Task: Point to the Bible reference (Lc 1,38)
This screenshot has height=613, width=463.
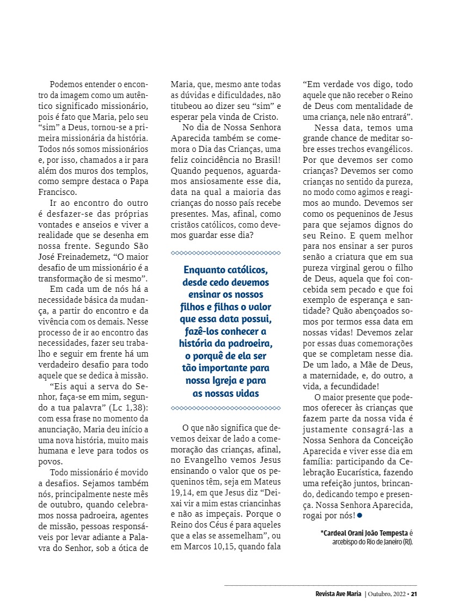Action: coord(126,408)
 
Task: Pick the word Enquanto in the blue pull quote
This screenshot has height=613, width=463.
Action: coord(205,271)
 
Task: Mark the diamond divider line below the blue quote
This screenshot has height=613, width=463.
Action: coord(226,408)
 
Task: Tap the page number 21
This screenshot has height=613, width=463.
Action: coord(414,593)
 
